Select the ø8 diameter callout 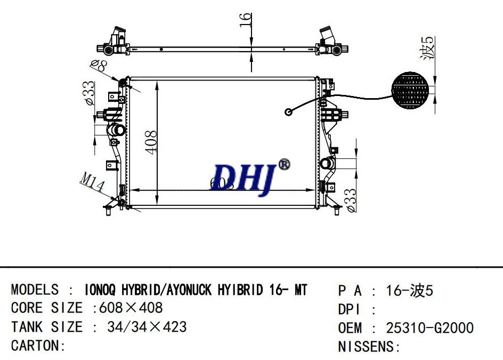[100, 67]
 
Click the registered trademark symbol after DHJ [284, 165]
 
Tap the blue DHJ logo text [242, 177]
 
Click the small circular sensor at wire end [289, 112]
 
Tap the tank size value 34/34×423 [147, 326]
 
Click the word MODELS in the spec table [35, 290]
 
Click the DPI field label [351, 309]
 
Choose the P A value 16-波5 [409, 291]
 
